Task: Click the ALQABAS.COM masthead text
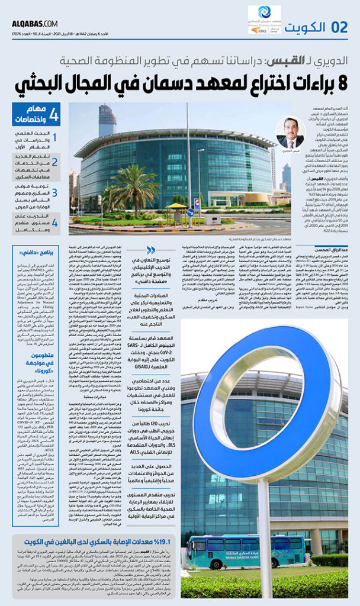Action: [x=35, y=23]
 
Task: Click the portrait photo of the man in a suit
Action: [x=290, y=134]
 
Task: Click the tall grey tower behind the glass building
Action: [x=107, y=121]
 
